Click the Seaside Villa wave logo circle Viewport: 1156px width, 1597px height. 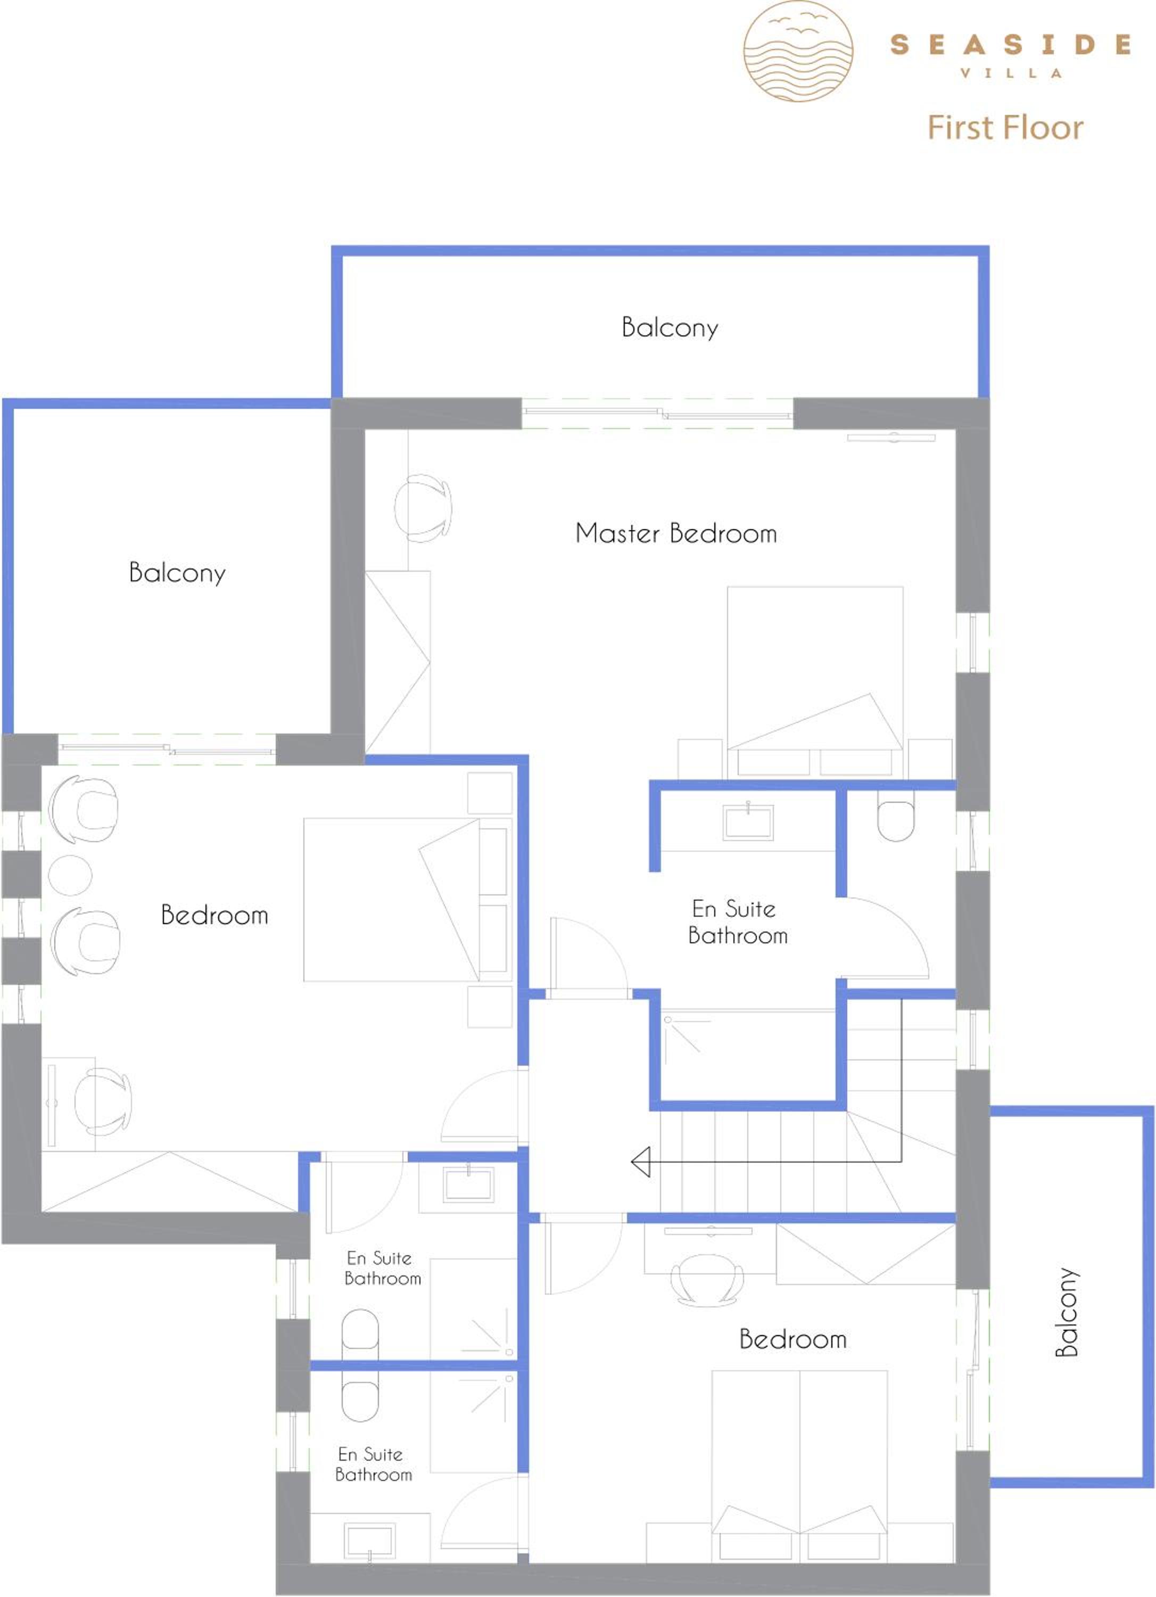(x=798, y=51)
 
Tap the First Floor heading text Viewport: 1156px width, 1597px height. (x=1005, y=127)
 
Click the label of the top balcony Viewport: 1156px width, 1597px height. (x=670, y=328)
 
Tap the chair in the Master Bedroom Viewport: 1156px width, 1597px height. (x=423, y=508)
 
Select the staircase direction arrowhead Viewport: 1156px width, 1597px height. (x=641, y=1162)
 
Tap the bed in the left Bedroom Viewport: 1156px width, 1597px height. (x=407, y=899)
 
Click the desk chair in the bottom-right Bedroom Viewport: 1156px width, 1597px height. (x=707, y=1280)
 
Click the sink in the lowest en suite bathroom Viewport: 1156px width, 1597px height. (x=369, y=1543)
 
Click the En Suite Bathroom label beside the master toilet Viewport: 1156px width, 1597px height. (x=737, y=923)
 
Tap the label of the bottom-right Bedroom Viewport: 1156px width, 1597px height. (x=792, y=1339)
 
